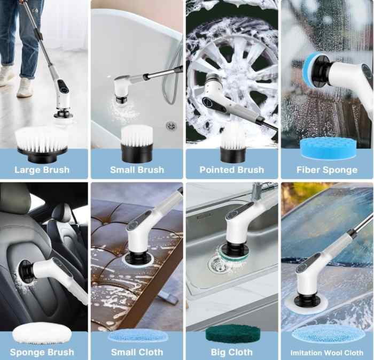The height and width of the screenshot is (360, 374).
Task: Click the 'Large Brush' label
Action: [42, 170]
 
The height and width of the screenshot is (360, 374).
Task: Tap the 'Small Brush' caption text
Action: [137, 170]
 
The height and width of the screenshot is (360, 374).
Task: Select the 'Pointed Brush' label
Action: [231, 170]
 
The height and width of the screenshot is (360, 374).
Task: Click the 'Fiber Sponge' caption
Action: [326, 170]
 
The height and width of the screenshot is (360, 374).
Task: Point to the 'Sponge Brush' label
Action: [42, 353]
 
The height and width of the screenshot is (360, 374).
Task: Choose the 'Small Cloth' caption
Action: [137, 353]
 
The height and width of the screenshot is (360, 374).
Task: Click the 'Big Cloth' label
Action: [231, 353]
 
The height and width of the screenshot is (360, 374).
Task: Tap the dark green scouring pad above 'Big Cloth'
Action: [231, 335]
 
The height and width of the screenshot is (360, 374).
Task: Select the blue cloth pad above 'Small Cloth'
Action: [137, 335]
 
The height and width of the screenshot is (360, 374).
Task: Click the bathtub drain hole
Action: [170, 126]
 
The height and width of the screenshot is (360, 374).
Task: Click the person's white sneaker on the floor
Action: [25, 87]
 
